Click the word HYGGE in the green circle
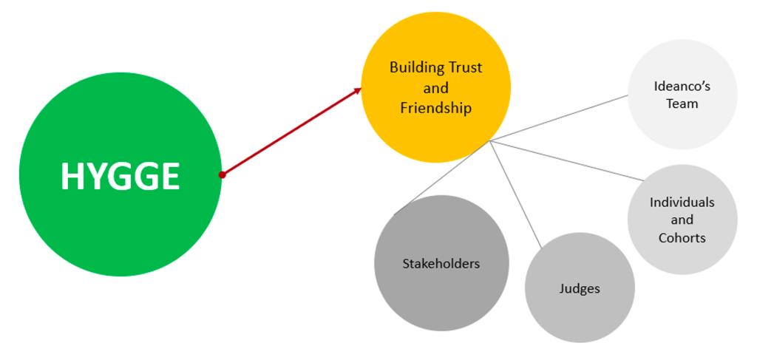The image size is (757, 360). click(120, 176)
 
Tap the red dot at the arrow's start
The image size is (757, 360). click(222, 174)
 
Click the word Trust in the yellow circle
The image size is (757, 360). click(466, 67)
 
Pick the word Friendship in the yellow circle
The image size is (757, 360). click(436, 109)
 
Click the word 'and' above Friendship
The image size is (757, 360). click(436, 88)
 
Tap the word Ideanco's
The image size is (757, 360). click(682, 87)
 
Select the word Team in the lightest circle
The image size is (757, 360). click(682, 103)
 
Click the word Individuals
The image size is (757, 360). click(682, 202)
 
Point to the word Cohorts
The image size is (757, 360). click(682, 237)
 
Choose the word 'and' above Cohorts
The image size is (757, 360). click(682, 220)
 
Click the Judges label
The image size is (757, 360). click(580, 289)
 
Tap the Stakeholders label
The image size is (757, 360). click(441, 264)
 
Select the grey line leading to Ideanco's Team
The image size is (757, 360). click(559, 118)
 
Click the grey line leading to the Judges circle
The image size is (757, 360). click(517, 194)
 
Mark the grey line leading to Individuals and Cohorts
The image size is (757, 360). click(567, 160)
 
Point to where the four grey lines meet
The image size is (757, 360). click(490, 141)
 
